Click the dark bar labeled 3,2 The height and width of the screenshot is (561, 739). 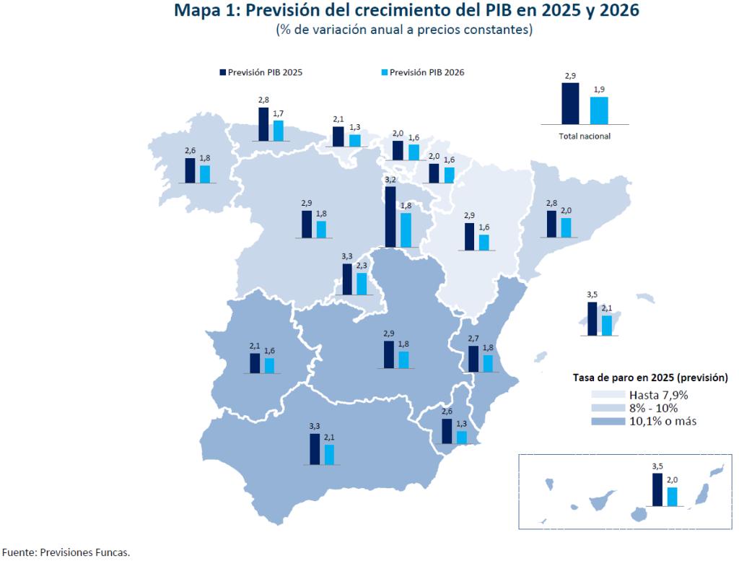(x=390, y=217)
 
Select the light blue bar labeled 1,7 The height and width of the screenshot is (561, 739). (x=279, y=131)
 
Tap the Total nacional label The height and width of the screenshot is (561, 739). (x=585, y=136)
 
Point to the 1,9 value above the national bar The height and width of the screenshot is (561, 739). (x=599, y=90)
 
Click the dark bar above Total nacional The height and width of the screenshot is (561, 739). (x=570, y=104)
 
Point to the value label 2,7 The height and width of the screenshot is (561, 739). (x=473, y=339)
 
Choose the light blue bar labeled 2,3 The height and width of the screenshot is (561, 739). (x=362, y=283)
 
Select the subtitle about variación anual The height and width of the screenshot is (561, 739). (x=403, y=30)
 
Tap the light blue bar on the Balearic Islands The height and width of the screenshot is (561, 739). (x=607, y=326)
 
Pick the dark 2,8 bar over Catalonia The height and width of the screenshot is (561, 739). (x=551, y=224)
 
